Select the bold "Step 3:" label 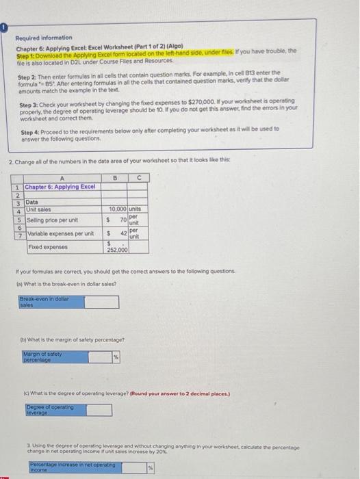pyautogui.click(x=29, y=103)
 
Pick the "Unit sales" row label pyautogui.click(x=39, y=209)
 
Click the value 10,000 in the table pyautogui.click(x=117, y=209)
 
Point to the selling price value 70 pyautogui.click(x=123, y=220)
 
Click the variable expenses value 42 pyautogui.click(x=123, y=234)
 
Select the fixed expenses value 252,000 pyautogui.click(x=117, y=250)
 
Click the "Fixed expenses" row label pyautogui.click(x=44, y=246)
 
